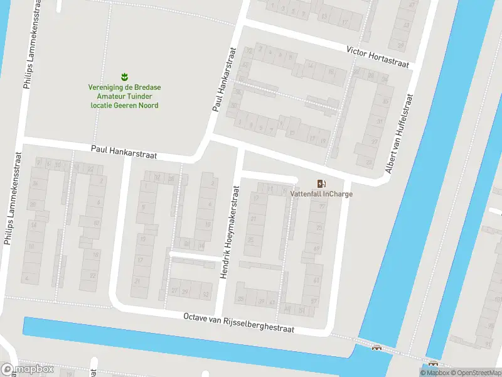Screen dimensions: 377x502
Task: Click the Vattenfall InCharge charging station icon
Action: point(321,183)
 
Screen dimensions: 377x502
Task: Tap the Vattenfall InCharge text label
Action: point(321,194)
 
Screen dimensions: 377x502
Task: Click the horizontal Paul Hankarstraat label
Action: point(124,151)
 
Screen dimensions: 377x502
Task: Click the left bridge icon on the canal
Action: point(376,347)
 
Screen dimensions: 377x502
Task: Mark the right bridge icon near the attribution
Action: point(433,364)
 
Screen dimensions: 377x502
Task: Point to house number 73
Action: point(319,228)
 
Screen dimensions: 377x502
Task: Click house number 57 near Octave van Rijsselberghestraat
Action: point(314,302)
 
